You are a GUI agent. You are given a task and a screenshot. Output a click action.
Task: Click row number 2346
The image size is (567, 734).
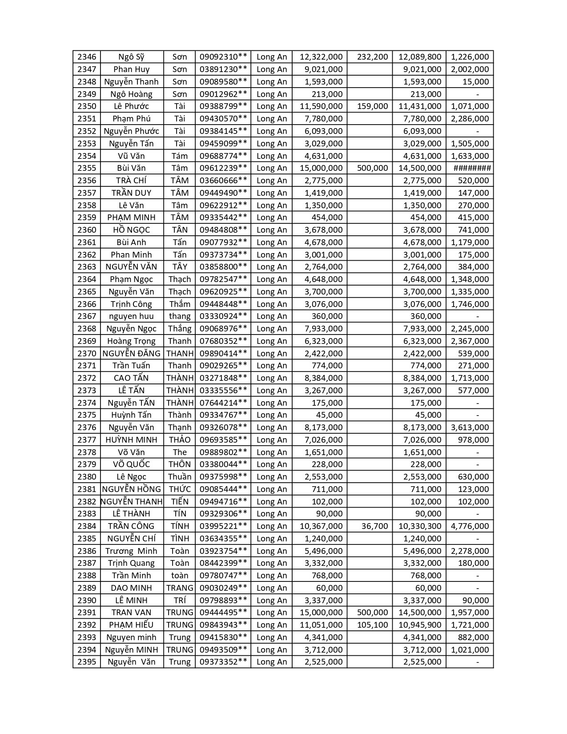click(86, 57)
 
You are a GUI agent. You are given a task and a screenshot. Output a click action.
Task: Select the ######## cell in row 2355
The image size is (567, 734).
click(472, 168)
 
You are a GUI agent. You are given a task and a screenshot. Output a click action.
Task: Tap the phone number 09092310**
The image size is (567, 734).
click(223, 57)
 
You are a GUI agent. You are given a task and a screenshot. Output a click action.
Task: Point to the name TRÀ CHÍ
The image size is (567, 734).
click(131, 181)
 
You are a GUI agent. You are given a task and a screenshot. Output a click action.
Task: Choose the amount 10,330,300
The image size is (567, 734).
click(420, 526)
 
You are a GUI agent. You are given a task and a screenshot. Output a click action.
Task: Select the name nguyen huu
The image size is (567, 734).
click(131, 316)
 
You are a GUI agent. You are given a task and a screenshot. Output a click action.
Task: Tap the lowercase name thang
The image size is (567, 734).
click(180, 316)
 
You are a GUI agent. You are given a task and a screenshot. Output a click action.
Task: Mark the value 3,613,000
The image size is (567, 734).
click(470, 427)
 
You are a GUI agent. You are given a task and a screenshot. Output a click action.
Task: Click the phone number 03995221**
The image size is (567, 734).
click(223, 526)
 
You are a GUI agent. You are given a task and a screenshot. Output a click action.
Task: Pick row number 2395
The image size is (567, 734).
click(86, 662)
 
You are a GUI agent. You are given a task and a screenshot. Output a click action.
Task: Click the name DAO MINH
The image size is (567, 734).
click(131, 588)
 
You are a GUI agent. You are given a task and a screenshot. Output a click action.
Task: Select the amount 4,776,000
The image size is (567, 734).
click(470, 526)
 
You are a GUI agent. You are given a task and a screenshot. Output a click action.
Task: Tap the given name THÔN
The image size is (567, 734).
click(180, 464)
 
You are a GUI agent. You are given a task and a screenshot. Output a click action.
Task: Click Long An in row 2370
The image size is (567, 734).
click(272, 354)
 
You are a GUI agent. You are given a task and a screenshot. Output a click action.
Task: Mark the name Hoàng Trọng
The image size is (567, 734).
click(131, 341)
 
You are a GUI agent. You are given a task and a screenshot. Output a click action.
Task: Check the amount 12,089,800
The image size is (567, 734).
click(420, 57)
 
